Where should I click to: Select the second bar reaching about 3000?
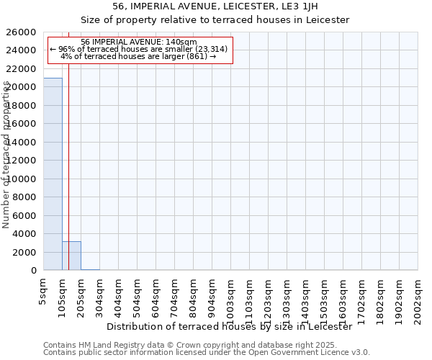[71, 256]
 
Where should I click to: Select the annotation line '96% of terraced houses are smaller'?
[139, 49]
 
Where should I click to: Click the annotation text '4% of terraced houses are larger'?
[139, 56]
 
